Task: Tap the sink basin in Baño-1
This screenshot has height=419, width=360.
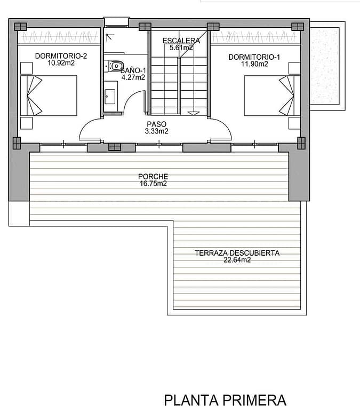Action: tap(110, 97)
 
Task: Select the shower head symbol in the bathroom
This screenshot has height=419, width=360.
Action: tap(109, 37)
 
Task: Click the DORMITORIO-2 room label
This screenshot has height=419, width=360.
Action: tap(61, 56)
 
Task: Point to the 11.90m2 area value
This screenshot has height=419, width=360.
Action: tap(254, 64)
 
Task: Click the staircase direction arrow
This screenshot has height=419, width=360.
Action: tap(194, 113)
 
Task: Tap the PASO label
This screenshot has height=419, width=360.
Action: tap(156, 124)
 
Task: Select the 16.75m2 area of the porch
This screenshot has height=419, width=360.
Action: tap(153, 184)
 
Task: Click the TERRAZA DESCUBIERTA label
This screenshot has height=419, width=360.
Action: tap(237, 253)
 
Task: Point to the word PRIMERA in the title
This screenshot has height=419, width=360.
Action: tap(254, 400)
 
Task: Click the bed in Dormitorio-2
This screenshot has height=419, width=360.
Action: tap(49, 96)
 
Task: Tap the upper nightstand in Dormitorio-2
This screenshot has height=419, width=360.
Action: tap(27, 68)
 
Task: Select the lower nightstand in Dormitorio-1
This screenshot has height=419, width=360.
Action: tap(294, 123)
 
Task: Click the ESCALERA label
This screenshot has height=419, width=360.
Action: tap(181, 41)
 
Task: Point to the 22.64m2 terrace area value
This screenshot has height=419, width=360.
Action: tap(237, 260)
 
